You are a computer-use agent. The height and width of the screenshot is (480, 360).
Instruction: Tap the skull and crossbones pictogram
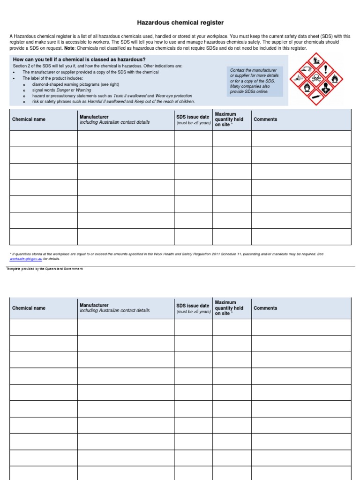coord(315,77)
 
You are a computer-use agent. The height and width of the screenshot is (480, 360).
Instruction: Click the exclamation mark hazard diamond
coord(325,69)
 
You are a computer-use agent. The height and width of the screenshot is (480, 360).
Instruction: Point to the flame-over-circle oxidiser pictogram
coord(306,87)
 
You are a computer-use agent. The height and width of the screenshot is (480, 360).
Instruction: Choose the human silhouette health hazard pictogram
coord(325,87)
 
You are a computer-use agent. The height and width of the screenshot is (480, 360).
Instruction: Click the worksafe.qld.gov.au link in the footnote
coord(25,258)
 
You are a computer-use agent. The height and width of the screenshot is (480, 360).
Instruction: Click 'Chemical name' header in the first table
coord(29,120)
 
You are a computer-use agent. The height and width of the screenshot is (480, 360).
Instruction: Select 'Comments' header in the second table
coord(265,308)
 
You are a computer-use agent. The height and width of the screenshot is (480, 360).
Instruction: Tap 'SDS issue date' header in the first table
coord(193,117)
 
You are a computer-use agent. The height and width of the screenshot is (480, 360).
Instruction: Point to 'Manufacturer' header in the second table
coord(94,305)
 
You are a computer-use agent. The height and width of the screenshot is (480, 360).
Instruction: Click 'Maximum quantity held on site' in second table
coord(229,308)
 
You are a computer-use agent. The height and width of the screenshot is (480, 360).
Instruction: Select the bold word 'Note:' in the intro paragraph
coord(70,48)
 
